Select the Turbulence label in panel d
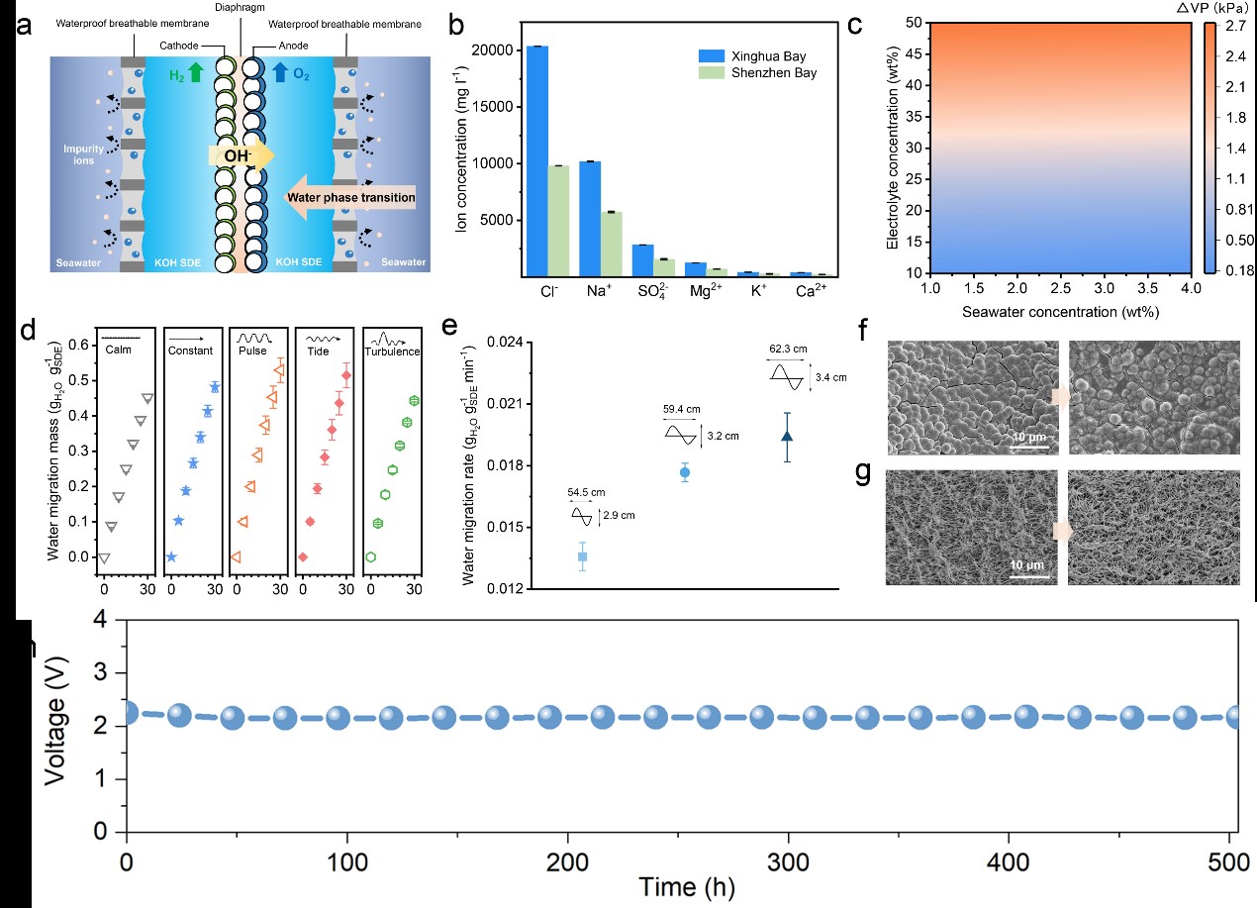(x=392, y=352)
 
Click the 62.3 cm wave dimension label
(x=788, y=349)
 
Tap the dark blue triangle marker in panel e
(x=787, y=436)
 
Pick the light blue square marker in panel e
(x=582, y=557)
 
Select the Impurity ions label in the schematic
(x=84, y=155)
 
